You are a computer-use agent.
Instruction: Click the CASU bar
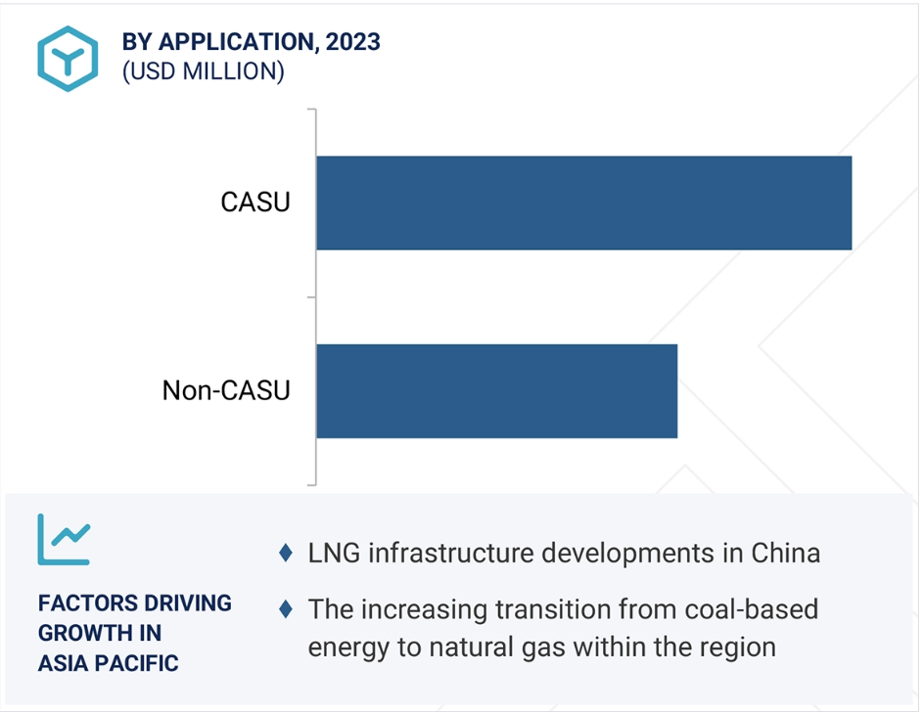(583, 202)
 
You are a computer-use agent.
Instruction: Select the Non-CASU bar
(496, 390)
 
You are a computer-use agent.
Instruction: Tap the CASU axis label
(255, 203)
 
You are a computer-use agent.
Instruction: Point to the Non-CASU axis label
(226, 391)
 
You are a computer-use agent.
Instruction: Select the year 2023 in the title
(353, 42)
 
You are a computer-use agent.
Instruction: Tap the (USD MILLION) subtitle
(203, 72)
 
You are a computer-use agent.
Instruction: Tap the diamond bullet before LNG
(285, 553)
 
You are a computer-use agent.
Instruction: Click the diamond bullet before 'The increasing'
(285, 608)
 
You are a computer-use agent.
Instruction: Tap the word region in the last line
(732, 647)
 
